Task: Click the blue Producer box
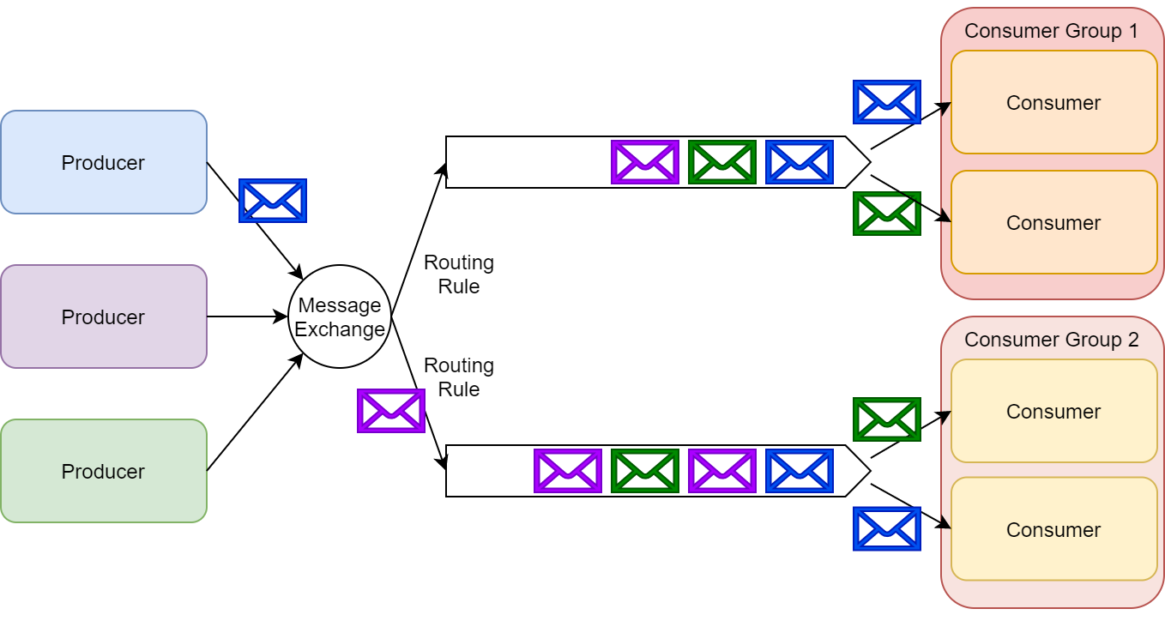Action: coord(103,162)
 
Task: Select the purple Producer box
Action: coord(103,316)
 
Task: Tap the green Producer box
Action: coord(103,471)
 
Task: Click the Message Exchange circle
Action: coord(340,316)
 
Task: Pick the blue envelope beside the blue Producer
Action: coord(273,201)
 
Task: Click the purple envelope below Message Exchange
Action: coord(391,411)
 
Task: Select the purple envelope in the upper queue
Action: coord(645,162)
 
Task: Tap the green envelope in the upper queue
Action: coord(722,162)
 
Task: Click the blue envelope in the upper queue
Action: coord(800,162)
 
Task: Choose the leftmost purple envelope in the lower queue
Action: coord(568,471)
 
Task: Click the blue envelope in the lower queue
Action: coord(800,471)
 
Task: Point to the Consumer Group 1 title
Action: coord(1051,32)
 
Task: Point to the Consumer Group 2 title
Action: coord(1051,340)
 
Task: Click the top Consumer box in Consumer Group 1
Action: coord(1053,102)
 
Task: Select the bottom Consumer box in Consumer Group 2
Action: coord(1053,529)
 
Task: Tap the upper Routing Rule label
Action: coord(459,274)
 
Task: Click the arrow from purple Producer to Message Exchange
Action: coord(247,316)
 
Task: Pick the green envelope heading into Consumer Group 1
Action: coord(887,214)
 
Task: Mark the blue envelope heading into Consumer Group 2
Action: coord(887,528)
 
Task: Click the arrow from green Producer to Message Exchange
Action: coord(255,412)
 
